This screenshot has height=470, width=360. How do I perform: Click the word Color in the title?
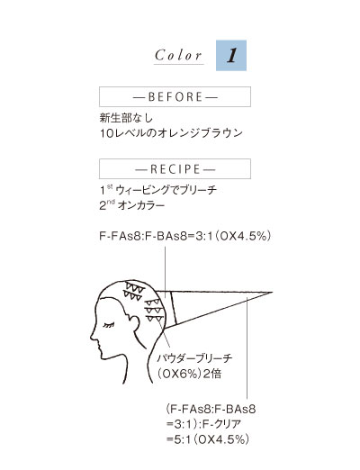click(x=178, y=56)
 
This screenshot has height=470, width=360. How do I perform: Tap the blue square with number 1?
click(x=231, y=56)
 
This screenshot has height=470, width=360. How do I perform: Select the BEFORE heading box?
click(x=175, y=96)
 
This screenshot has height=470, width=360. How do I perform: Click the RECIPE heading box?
click(x=175, y=169)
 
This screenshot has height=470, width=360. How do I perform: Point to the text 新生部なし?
click(x=126, y=118)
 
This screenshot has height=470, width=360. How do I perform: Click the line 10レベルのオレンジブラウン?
click(x=171, y=133)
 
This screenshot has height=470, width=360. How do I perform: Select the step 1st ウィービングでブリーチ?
click(x=158, y=190)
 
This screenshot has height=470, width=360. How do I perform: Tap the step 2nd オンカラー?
click(x=132, y=205)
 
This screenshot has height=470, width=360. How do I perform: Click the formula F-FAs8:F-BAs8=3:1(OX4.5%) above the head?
click(x=185, y=236)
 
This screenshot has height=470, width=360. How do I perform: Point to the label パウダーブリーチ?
click(x=195, y=358)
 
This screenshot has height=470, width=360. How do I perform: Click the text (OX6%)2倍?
click(x=190, y=374)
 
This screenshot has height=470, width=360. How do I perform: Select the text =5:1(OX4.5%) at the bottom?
click(x=208, y=439)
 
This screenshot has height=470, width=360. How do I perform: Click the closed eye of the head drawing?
click(x=109, y=325)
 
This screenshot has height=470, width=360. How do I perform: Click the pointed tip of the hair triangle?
click(x=273, y=292)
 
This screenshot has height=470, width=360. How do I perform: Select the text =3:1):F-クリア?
click(x=203, y=424)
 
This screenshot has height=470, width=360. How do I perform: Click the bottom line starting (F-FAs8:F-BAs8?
click(x=211, y=409)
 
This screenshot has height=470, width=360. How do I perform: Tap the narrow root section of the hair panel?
click(x=166, y=309)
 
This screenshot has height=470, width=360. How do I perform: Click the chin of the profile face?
click(x=103, y=357)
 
